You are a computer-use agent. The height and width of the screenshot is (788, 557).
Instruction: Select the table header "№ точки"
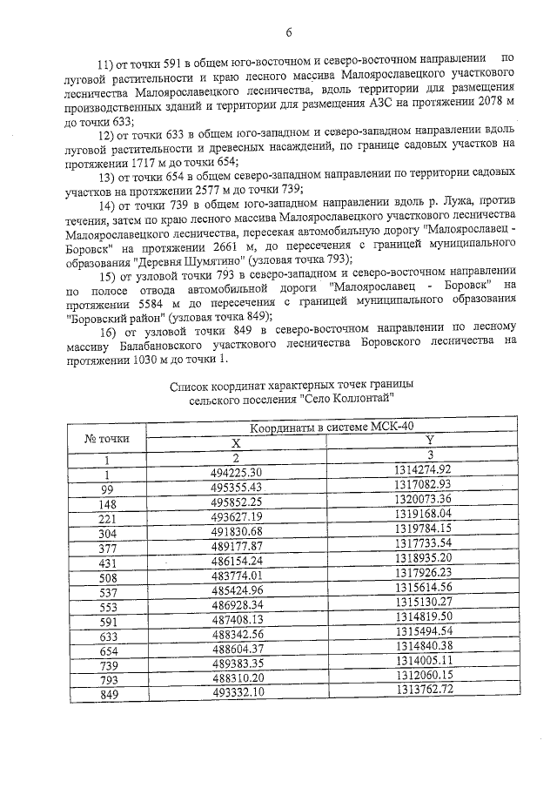(106, 438)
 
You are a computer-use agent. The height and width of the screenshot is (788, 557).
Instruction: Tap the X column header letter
(235, 443)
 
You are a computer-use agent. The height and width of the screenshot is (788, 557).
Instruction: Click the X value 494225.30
(236, 471)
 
